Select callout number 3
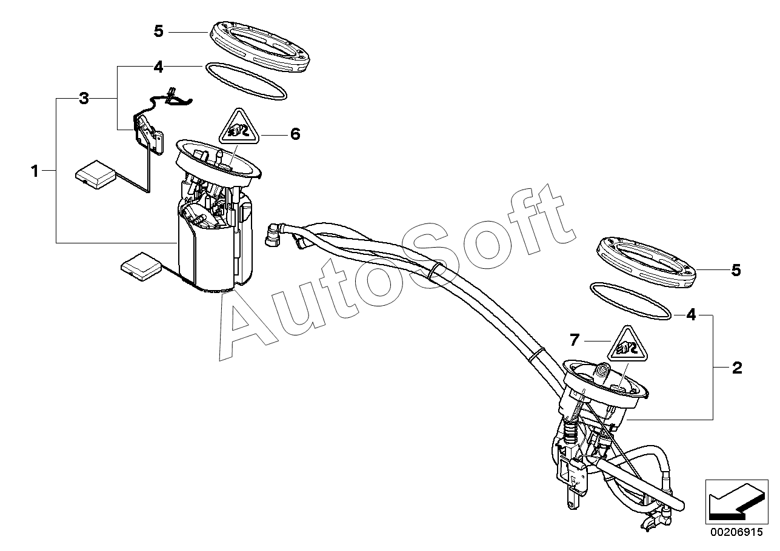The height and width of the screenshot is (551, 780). click(84, 99)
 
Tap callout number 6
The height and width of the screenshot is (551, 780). click(295, 134)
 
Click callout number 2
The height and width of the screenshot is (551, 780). click(737, 368)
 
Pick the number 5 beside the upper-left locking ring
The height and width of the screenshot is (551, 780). click(159, 31)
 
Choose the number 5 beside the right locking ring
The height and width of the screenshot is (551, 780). click(736, 270)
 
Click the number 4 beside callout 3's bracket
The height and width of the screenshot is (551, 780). click(158, 67)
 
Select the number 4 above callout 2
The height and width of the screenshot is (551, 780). click(692, 315)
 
